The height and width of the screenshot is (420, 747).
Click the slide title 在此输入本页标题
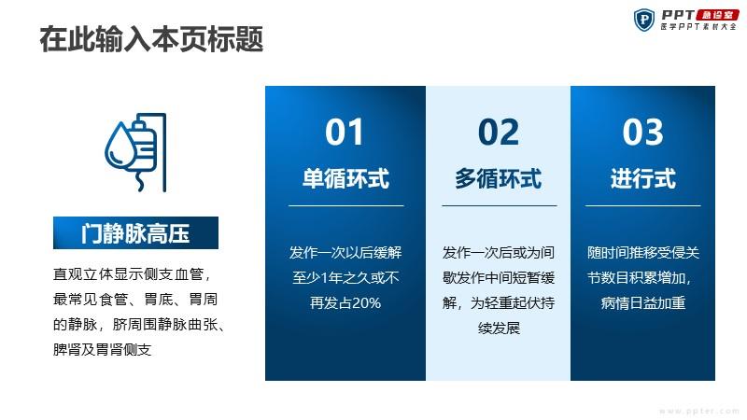[151, 39]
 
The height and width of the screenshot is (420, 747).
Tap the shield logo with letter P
[644, 20]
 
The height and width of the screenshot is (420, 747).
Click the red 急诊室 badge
[717, 15]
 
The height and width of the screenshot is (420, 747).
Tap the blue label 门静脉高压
[135, 232]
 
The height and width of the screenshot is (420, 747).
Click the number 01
[345, 132]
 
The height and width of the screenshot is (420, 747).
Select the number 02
[499, 132]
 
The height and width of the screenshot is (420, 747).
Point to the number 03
[642, 132]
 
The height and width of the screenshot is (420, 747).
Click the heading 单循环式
[345, 178]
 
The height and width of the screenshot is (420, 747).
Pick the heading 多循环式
[499, 178]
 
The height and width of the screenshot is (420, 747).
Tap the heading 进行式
[642, 178]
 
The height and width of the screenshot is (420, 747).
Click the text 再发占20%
[345, 302]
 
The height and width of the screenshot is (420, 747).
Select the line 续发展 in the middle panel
[499, 329]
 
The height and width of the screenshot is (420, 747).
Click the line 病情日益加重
[642, 302]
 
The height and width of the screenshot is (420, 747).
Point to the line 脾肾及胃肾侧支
[103, 349]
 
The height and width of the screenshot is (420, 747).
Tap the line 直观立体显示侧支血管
[132, 274]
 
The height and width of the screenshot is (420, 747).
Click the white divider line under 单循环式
[346, 205]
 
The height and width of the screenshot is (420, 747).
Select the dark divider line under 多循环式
[500, 205]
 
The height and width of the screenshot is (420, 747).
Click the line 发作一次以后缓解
[345, 252]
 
